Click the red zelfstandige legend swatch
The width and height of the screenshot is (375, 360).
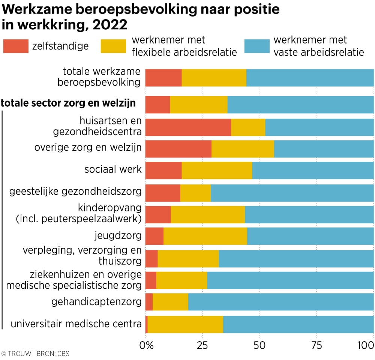pyautogui.click(x=16, y=46)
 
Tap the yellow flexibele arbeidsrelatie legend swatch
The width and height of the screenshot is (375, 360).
pyautogui.click(x=113, y=46)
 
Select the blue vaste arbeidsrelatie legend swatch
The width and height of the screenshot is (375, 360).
pyautogui.click(x=256, y=46)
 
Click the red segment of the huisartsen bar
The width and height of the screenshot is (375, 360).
pyautogui.click(x=188, y=127)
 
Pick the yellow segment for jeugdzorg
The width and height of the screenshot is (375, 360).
pyautogui.click(x=205, y=236)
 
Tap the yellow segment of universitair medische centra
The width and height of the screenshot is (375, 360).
pyautogui.click(x=185, y=324)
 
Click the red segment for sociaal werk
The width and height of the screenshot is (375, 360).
pyautogui.click(x=163, y=170)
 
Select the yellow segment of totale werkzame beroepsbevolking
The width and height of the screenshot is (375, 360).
pyautogui.click(x=214, y=78)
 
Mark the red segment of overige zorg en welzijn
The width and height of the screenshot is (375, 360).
pyautogui.click(x=178, y=149)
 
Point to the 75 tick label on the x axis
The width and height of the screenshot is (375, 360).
pyautogui.click(x=316, y=345)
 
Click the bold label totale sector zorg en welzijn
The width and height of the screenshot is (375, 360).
pyautogui.click(x=69, y=103)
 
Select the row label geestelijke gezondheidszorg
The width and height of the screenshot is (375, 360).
pyautogui.click(x=75, y=192)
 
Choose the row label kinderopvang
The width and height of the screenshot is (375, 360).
pyautogui.click(x=110, y=208)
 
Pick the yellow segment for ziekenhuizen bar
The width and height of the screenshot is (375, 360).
pyautogui.click(x=181, y=280)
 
